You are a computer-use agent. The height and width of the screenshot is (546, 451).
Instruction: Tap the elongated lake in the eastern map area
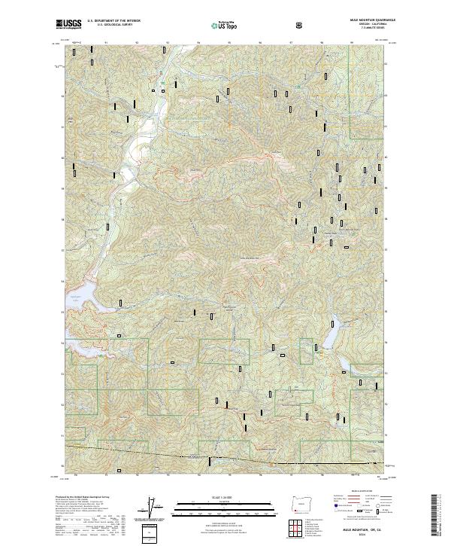pyautogui.click(x=336, y=345)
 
